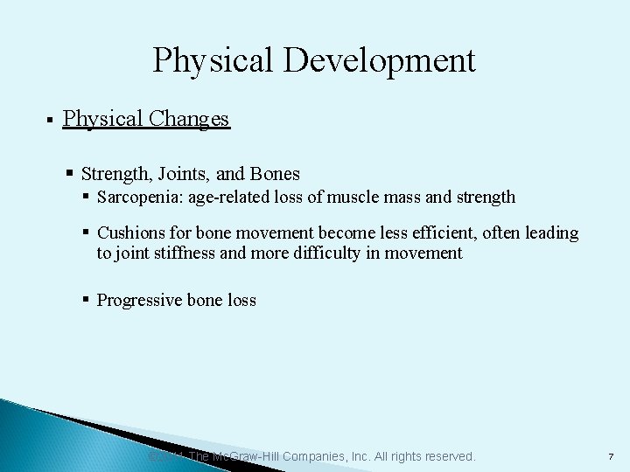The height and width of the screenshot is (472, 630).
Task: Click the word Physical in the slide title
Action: point(207,61)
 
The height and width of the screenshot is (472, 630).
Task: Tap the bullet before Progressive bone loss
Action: point(86,301)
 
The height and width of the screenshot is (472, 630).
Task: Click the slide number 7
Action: point(610,457)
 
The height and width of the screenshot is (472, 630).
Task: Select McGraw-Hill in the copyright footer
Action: point(252,456)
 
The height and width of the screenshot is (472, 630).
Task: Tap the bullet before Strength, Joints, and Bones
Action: point(70,173)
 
